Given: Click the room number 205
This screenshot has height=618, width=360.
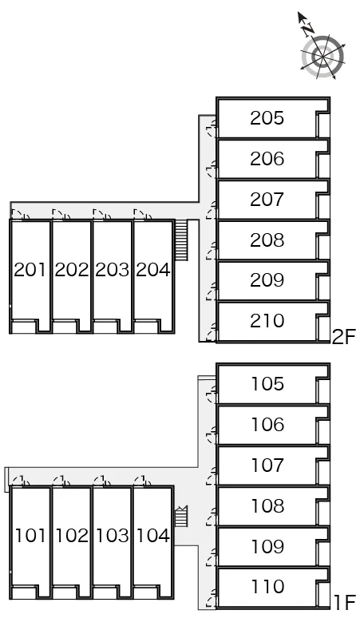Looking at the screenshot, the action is (267, 118).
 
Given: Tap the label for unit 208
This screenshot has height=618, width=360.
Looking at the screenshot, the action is (267, 240).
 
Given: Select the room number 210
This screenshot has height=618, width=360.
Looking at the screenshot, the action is (267, 321).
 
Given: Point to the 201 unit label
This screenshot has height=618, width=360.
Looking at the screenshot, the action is (30, 270).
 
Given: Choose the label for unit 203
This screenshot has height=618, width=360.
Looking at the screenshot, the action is (112, 270).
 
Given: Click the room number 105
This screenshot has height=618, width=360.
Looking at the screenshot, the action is (267, 384).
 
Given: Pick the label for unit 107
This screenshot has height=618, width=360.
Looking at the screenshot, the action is (267, 465).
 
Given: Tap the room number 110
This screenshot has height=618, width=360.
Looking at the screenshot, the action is (267, 587).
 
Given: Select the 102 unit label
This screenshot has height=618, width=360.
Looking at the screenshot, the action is (72, 536).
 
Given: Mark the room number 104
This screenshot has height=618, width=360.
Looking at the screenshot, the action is (152, 536).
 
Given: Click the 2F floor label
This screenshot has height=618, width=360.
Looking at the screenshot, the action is (344, 338).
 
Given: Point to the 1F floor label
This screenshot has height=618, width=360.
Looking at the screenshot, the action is (345, 602).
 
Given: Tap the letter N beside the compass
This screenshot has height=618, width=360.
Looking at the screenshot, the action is (308, 29).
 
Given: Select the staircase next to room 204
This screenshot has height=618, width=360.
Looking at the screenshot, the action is (180, 240).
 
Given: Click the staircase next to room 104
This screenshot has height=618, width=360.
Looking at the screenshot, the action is (181, 516).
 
